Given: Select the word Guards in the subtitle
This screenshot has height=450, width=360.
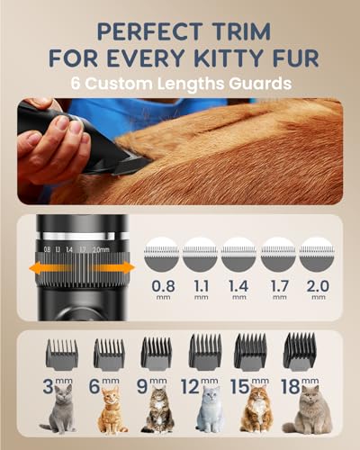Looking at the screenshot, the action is tap(261, 83).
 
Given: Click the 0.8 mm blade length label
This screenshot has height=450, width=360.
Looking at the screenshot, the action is tap(163, 289).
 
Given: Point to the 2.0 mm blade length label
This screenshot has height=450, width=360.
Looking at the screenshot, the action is tap(318, 289).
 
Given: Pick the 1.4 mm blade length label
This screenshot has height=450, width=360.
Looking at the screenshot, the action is tap(238, 289).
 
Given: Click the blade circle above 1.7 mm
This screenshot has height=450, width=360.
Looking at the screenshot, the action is tap(278, 255).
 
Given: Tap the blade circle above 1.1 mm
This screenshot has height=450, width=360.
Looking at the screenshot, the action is tap(200, 255).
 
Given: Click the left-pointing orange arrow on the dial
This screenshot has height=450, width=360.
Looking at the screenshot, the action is tap(49, 267).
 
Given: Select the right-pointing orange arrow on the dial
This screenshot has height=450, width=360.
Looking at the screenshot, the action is tap(113, 267).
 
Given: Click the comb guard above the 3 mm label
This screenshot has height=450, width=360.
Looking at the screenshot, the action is tap(62, 355).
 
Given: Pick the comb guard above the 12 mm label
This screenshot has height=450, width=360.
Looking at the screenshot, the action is tap(205, 352).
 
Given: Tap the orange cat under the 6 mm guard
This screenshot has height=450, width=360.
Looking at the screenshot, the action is tap(112, 410).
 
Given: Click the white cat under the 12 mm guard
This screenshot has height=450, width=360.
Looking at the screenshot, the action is tap(211, 409).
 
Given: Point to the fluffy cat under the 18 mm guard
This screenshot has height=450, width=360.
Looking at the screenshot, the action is tap(309, 409).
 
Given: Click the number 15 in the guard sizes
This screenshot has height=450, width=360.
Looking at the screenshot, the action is tap(239, 386).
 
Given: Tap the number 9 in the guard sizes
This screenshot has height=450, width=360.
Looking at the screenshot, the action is tap(142, 386).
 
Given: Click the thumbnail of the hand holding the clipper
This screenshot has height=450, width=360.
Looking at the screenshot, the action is tap(180, 151).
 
